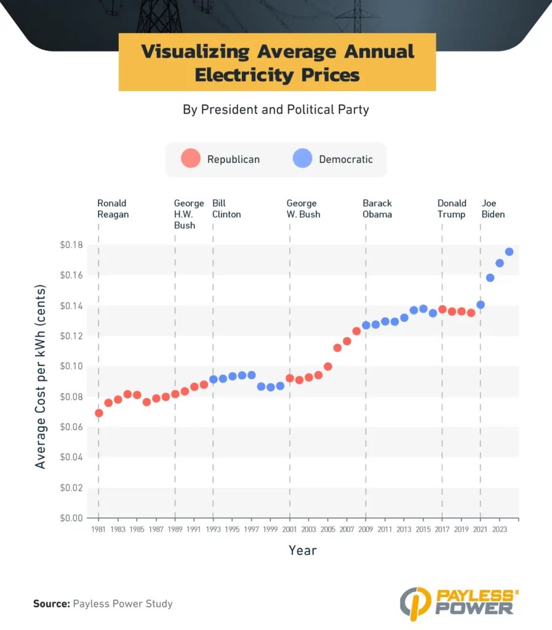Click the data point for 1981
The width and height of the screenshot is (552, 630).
(x=99, y=413)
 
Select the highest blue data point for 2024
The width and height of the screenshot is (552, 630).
(x=509, y=252)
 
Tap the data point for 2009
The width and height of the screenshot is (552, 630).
(x=366, y=325)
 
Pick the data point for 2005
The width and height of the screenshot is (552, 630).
(x=328, y=367)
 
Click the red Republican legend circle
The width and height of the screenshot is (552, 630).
(x=191, y=159)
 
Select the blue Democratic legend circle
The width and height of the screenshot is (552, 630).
(x=303, y=159)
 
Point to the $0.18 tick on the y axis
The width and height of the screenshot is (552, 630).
(x=72, y=245)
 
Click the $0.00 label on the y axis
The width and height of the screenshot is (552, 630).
(x=72, y=518)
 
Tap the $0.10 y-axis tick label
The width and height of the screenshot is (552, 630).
(x=72, y=366)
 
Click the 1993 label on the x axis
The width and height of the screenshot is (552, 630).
(x=213, y=528)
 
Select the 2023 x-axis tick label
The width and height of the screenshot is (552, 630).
(x=499, y=528)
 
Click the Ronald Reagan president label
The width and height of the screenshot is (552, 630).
(x=113, y=209)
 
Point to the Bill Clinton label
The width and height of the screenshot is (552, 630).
(x=226, y=209)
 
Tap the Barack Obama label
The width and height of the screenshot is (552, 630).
(x=377, y=209)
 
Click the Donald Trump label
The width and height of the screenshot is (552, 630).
(x=452, y=209)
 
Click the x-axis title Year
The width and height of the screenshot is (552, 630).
(x=303, y=550)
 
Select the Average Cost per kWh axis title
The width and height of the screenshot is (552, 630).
(x=41, y=377)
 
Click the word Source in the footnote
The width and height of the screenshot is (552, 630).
(x=51, y=604)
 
